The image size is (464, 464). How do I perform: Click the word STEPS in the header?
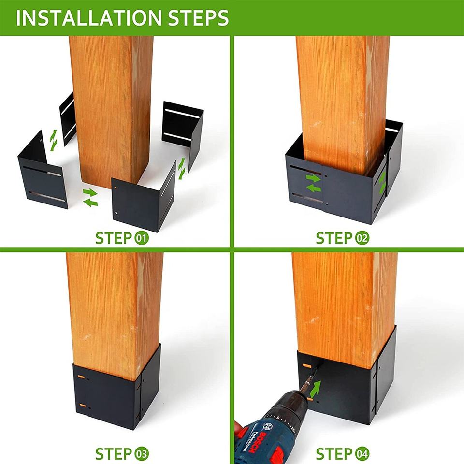199,18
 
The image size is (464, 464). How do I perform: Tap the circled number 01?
142,238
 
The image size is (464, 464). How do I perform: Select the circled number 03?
142,454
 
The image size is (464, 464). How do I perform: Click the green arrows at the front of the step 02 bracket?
313,183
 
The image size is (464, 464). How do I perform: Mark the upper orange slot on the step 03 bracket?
81,377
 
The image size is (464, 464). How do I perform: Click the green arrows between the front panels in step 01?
90,197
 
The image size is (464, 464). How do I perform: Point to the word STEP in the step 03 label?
114,454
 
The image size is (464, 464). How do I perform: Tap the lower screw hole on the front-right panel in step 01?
117,213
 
